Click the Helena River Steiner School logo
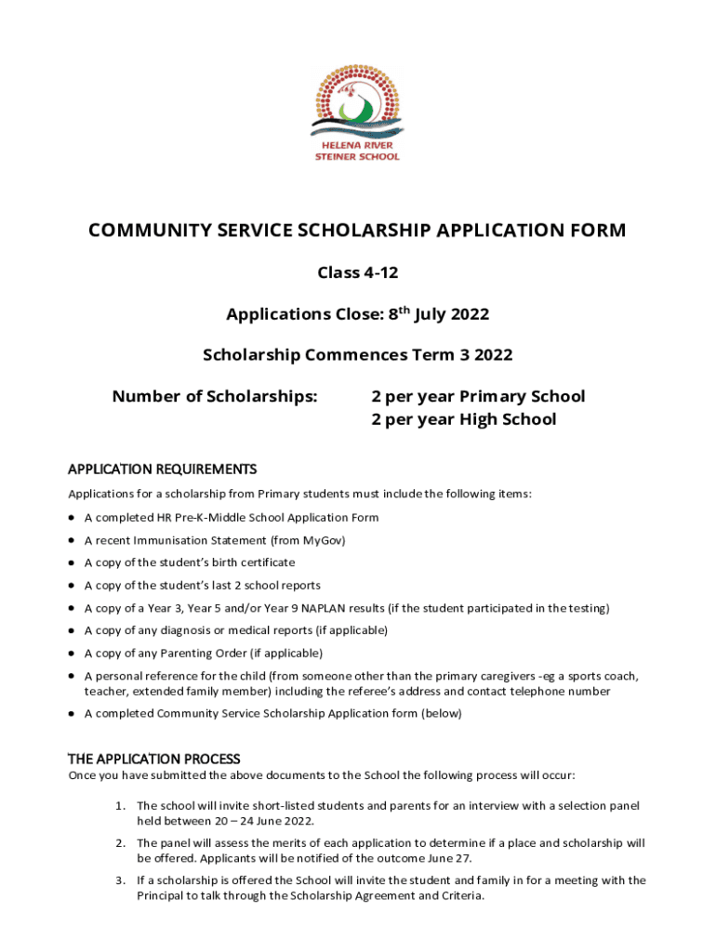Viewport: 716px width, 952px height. point(357,116)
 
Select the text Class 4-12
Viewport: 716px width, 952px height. point(357,272)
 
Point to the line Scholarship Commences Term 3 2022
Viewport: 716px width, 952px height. point(357,354)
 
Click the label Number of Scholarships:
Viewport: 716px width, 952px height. point(215,397)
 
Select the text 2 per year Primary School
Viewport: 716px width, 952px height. point(478,397)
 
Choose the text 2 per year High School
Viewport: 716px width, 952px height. point(463,419)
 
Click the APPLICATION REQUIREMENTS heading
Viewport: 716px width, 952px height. point(162,469)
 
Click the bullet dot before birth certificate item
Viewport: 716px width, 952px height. point(72,563)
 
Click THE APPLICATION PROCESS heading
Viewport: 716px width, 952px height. point(154,759)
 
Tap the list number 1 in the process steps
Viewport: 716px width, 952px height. point(121,805)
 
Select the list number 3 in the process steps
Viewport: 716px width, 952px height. point(121,880)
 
